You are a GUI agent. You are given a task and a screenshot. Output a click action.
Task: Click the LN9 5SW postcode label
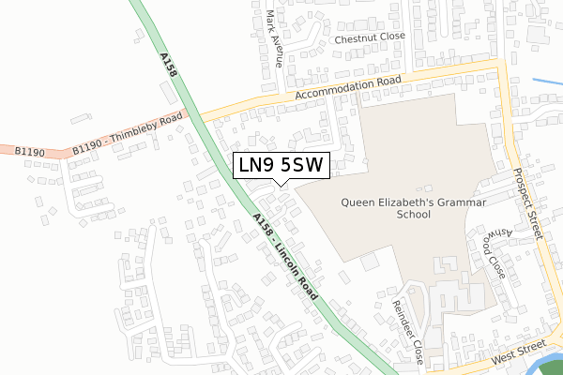click(281, 165)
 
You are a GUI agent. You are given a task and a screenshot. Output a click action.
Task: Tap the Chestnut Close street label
click(370, 37)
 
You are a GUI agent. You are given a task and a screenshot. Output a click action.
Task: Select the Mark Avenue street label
click(274, 38)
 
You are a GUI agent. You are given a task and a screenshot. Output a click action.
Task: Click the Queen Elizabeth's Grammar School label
click(386, 207)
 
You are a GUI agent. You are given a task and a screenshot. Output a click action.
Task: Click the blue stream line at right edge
click(548, 82)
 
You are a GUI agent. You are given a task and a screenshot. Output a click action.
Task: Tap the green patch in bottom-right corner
click(552, 368)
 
